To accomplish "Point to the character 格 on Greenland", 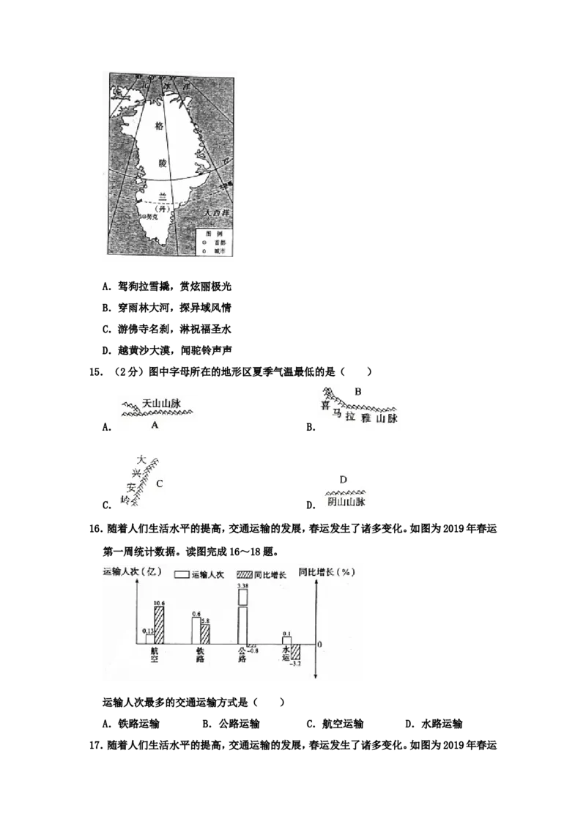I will pos(160,126).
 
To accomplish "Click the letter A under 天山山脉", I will pos(155,424).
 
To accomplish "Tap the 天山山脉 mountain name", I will pos(160,403).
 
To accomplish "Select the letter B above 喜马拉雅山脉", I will pos(357,391).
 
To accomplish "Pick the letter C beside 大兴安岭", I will pos(159,483).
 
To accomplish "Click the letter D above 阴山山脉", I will pos(342,479).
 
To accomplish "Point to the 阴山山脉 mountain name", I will pos(344,503).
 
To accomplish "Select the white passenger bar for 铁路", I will pos(196,630).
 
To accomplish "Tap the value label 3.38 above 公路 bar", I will pos(242,587).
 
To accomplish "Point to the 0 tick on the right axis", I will pos(320,644).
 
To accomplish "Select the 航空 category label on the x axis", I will pos(155,654).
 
